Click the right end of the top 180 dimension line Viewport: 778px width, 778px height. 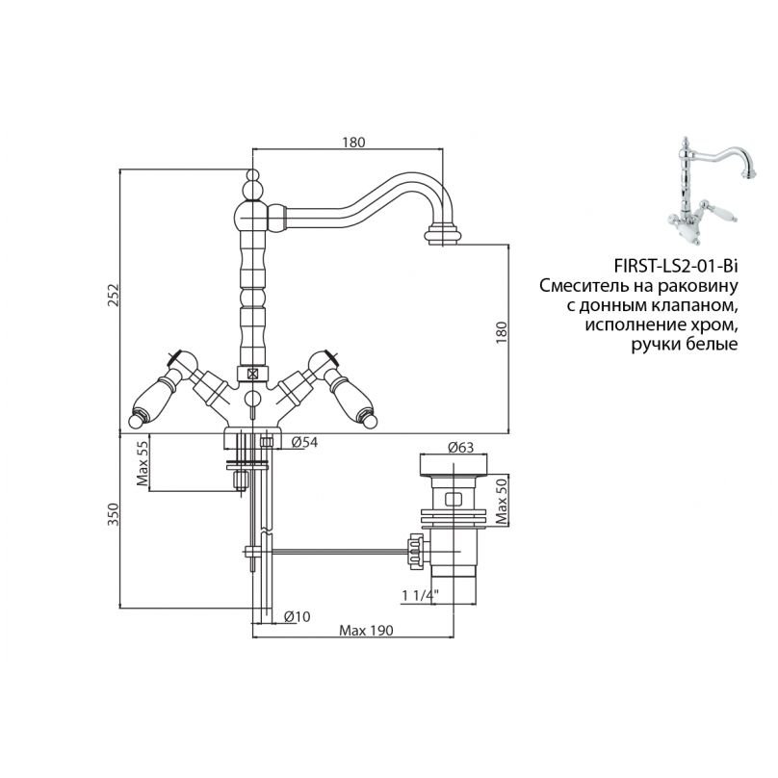pyautogui.click(x=443, y=148)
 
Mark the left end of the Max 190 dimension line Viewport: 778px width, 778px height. pyautogui.click(x=253, y=636)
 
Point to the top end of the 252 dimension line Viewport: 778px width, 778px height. pyautogui.click(x=120, y=169)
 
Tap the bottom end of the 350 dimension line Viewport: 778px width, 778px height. pyautogui.click(x=120, y=608)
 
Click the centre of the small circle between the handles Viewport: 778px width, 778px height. pyautogui.click(x=253, y=399)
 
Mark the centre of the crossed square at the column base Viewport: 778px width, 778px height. pyautogui.click(x=253, y=374)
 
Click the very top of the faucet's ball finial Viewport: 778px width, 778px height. pyautogui.click(x=253, y=169)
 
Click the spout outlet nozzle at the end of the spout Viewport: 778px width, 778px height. pyautogui.click(x=442, y=235)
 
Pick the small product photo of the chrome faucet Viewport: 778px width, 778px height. pyautogui.click(x=712, y=191)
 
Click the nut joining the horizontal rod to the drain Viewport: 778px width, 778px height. pyautogui.click(x=416, y=552)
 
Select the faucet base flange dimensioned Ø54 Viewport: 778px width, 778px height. pyautogui.click(x=253, y=437)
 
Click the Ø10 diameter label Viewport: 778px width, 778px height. pyautogui.click(x=298, y=617)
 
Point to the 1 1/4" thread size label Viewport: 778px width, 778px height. pyautogui.click(x=420, y=595)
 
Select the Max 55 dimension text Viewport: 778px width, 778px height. pyautogui.click(x=143, y=463)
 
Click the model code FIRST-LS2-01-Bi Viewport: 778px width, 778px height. pyautogui.click(x=676, y=267)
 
